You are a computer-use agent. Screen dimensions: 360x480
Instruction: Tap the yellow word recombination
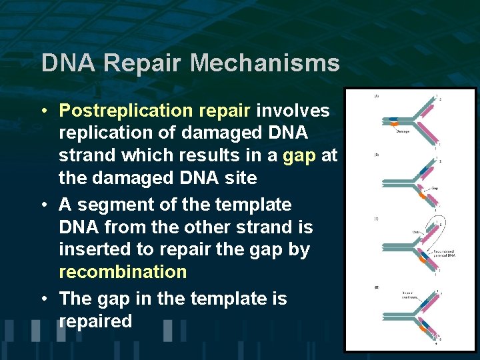point(123,272)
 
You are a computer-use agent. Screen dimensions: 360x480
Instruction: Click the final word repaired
point(95,321)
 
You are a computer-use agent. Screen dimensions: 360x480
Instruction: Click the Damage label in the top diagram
point(403,131)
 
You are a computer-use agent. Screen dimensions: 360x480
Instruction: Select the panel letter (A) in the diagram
point(376,97)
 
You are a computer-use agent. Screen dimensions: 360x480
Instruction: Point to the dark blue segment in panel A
point(395,122)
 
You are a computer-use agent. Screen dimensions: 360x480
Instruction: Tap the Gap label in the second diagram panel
point(434,188)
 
